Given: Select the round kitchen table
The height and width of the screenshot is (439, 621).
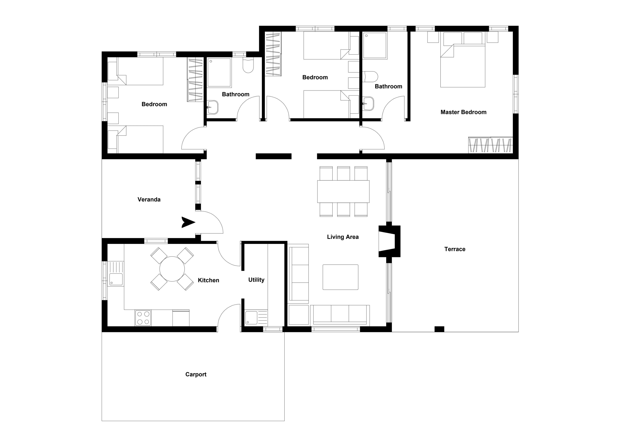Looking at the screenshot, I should coord(172,269).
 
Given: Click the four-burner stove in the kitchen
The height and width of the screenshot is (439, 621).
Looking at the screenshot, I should coord(143,318).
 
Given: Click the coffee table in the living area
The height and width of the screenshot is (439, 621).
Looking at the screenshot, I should coord(340,277).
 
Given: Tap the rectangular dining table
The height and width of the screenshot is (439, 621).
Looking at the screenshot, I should coord(343,191).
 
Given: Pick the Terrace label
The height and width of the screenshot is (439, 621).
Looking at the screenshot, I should coord(455,249).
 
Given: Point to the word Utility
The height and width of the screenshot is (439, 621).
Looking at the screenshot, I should coord(256,280).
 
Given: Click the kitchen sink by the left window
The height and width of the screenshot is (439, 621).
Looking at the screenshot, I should coord(116,279).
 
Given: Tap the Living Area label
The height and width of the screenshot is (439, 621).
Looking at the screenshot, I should coord(343,237).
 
